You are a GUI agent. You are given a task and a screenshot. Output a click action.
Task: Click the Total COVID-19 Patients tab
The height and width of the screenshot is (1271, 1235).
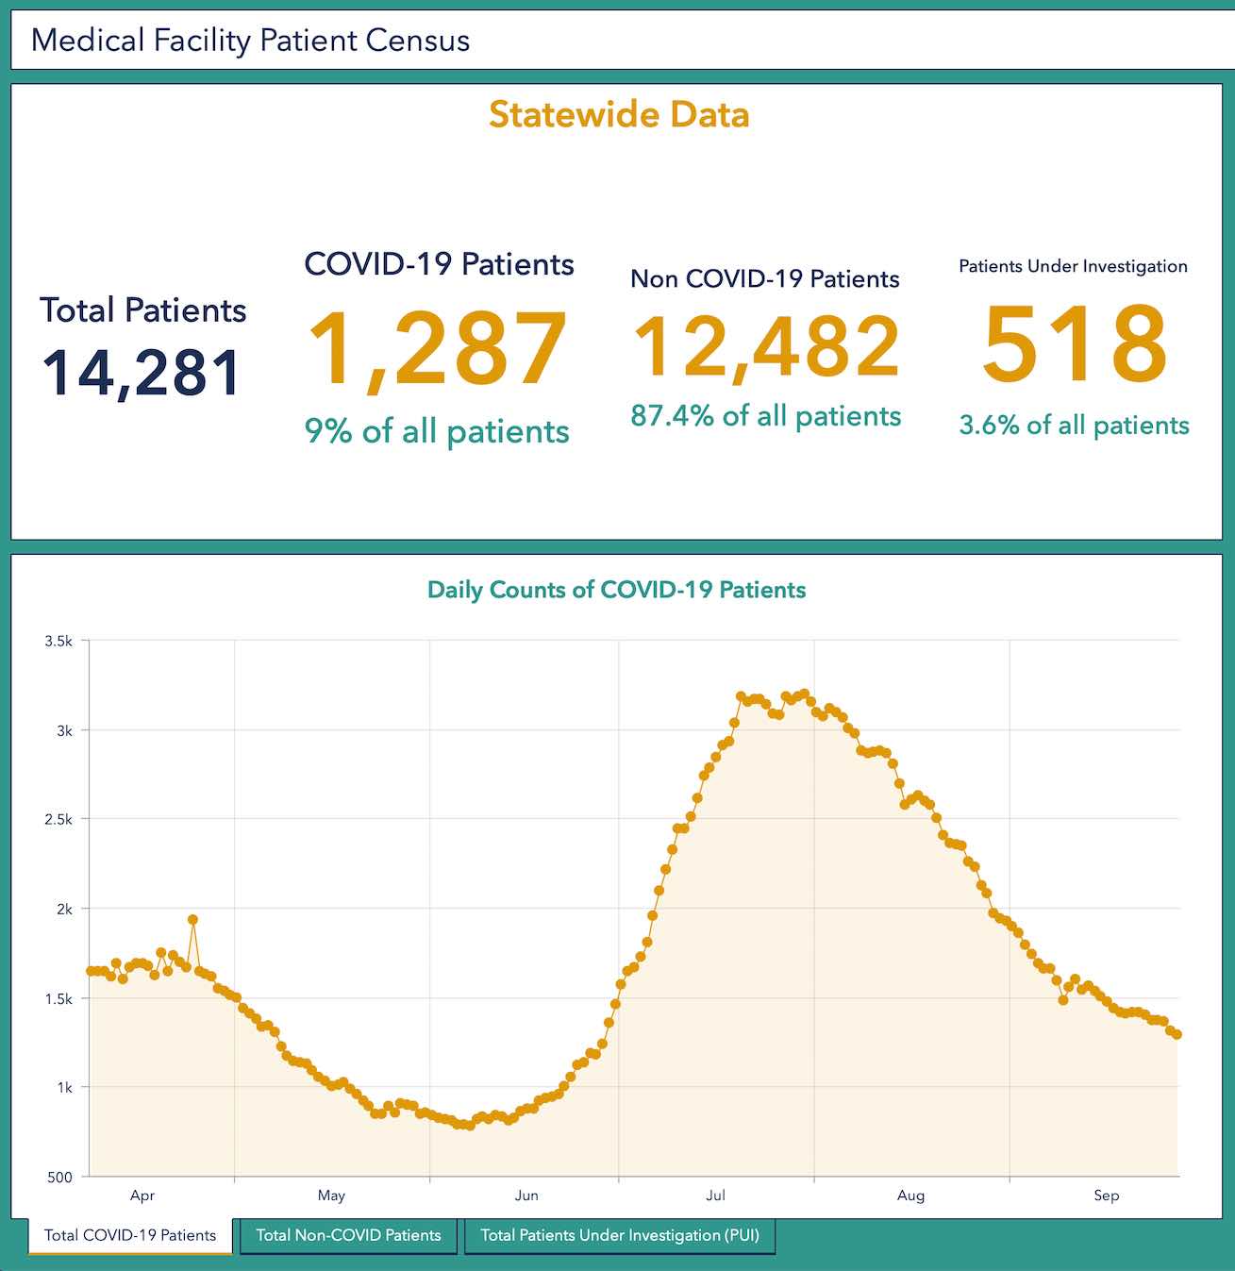pos(130,1235)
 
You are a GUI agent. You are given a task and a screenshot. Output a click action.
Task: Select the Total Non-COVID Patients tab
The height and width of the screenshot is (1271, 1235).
pos(348,1235)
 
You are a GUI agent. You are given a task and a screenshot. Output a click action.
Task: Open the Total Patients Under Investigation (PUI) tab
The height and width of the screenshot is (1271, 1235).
pos(620,1235)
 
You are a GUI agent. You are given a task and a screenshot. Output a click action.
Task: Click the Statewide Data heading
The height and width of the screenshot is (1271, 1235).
pos(619,115)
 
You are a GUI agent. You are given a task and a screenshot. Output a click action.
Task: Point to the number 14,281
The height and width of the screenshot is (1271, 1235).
pos(142,373)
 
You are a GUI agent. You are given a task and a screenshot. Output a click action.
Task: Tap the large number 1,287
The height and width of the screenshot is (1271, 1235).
pos(438,350)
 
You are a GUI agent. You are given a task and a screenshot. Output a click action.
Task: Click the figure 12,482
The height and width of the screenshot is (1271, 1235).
pos(766,347)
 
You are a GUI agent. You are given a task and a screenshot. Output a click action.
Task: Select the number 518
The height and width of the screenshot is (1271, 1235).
pos(1075,344)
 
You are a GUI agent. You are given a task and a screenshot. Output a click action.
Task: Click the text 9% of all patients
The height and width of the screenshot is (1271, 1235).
pos(437,431)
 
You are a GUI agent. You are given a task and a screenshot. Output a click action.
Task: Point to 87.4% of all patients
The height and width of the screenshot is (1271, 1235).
pos(766,416)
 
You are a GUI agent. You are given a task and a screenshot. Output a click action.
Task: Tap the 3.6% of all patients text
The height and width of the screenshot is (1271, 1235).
pos(1074,426)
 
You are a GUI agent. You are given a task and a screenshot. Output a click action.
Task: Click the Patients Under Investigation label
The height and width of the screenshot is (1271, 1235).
pos(1073,266)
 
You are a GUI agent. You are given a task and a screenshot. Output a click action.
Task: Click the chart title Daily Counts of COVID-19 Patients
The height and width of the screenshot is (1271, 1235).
pos(617,590)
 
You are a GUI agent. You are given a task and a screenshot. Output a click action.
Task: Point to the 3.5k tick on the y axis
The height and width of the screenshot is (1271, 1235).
pos(58,642)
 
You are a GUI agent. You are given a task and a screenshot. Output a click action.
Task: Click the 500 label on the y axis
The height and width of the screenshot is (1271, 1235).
pos(58,1177)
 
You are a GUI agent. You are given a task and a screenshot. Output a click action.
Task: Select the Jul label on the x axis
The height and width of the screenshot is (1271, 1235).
pos(716,1196)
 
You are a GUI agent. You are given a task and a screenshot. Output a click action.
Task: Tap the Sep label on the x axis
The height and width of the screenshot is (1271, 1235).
pos(1106,1196)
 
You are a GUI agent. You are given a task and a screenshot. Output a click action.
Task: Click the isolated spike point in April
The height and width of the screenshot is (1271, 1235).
pos(192,919)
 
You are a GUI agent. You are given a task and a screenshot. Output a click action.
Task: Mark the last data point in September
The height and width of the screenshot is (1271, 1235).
pos(1177,1035)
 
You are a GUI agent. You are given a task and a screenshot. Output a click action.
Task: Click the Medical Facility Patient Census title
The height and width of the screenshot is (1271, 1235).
pos(251,41)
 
